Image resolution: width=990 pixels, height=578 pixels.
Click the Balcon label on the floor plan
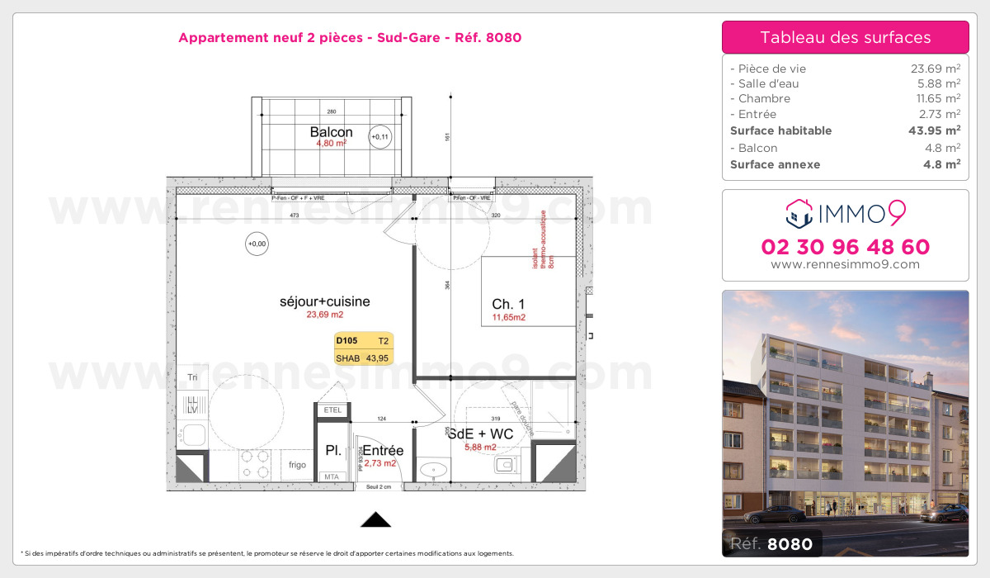331,132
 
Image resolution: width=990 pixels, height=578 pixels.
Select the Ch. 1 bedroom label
508,304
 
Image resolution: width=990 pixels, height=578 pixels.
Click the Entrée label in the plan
383,451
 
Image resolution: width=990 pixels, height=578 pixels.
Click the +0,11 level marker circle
380,137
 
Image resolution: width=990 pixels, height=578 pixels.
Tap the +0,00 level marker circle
257,244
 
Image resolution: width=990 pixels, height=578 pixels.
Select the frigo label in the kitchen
297,465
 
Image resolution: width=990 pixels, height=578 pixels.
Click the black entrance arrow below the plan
376,519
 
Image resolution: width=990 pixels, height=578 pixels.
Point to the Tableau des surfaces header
845,37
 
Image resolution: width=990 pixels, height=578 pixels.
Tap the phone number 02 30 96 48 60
845,247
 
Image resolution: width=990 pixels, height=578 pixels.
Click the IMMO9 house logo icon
799,213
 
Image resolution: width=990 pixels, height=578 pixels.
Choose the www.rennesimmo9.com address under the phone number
845,264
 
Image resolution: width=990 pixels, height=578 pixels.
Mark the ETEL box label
332,410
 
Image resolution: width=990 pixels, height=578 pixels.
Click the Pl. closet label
333,451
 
